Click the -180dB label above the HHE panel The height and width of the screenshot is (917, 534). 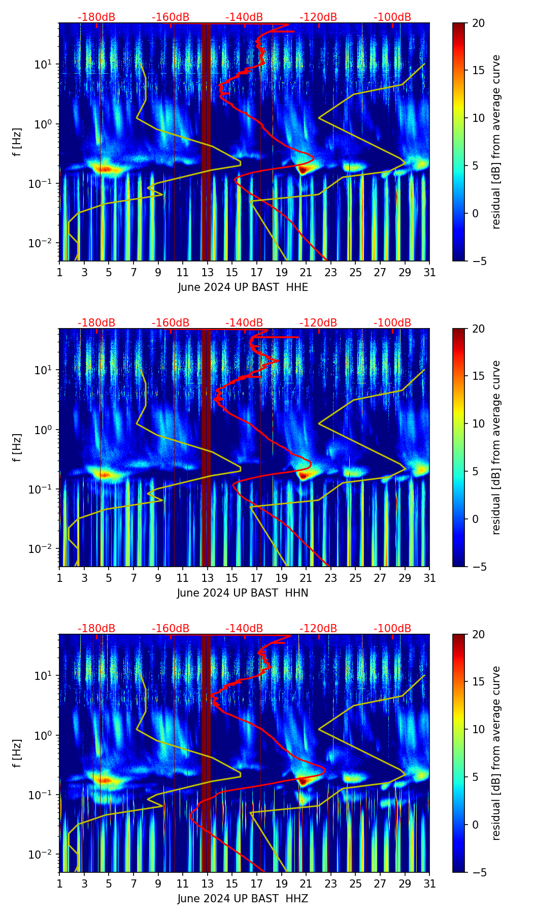96,17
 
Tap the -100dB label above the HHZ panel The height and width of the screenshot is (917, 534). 392,629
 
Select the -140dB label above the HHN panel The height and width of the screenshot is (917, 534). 244,323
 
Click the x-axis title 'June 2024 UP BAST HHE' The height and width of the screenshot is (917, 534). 243,287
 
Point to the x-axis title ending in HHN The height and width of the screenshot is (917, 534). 243,593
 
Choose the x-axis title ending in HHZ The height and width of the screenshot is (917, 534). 243,899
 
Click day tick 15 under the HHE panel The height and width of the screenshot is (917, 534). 232,272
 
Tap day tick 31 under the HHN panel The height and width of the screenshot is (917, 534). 429,578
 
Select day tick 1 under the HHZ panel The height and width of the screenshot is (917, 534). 60,883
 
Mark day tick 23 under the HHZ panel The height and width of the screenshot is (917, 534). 331,883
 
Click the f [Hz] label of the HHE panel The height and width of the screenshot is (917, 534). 18,142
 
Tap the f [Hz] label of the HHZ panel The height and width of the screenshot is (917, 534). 18,753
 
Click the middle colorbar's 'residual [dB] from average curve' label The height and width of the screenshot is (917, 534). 496,447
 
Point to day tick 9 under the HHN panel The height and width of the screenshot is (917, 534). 158,578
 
